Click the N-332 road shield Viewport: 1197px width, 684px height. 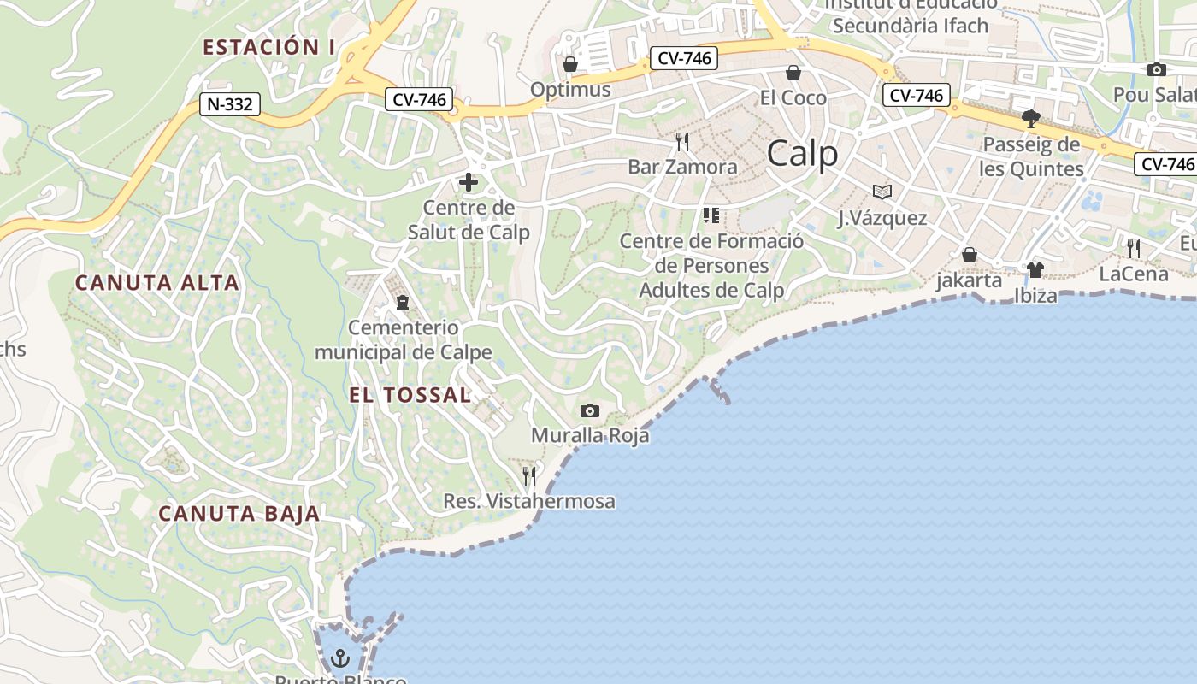[x=229, y=104]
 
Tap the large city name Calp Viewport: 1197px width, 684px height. [x=802, y=154]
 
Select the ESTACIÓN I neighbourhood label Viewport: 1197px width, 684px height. [x=268, y=47]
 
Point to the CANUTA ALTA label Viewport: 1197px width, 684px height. [x=156, y=282]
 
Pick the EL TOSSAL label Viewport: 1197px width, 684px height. [x=410, y=395]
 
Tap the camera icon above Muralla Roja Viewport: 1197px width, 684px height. [x=589, y=411]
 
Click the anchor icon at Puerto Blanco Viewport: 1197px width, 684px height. [x=340, y=658]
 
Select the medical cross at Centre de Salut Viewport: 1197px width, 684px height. [x=468, y=182]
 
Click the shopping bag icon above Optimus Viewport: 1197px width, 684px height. [x=570, y=64]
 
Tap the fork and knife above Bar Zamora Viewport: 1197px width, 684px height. [x=681, y=141]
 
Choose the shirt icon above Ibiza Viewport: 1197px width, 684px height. [x=1035, y=271]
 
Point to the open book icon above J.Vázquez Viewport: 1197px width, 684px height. [x=882, y=192]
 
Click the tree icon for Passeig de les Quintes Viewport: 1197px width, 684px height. [x=1031, y=118]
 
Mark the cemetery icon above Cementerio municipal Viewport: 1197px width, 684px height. [x=403, y=302]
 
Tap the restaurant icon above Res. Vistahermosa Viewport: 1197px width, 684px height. [x=529, y=475]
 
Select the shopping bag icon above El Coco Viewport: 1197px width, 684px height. [x=793, y=73]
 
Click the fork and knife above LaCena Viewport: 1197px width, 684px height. [x=1133, y=249]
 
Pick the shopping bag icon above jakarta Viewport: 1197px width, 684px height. [x=969, y=255]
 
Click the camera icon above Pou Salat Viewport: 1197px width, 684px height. [x=1156, y=70]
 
